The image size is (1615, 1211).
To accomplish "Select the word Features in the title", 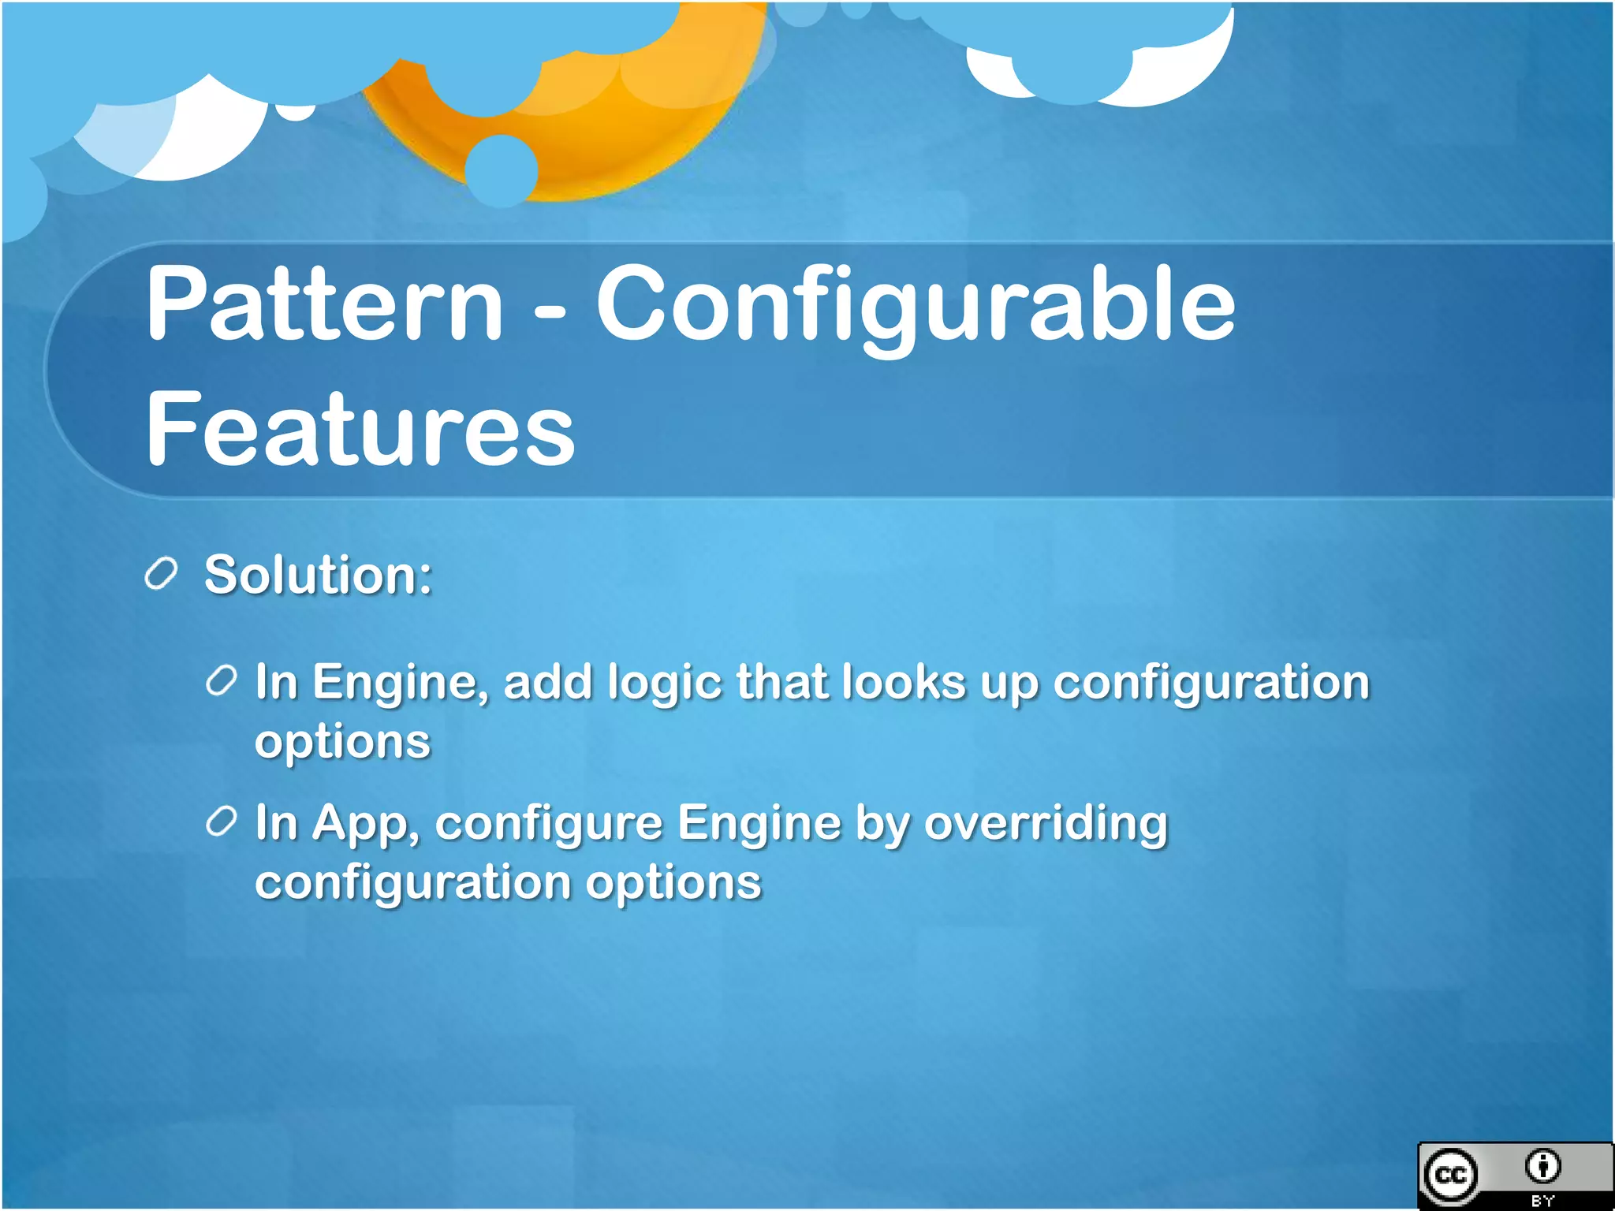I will pos(360,430).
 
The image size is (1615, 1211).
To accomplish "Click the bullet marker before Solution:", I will pos(161,573).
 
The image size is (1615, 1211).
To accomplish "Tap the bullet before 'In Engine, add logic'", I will pos(222,680).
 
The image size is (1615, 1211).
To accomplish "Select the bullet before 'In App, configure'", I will pos(222,822).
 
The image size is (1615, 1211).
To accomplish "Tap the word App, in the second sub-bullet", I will pos(366,825).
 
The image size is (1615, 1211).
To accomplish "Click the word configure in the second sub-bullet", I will pos(548,825).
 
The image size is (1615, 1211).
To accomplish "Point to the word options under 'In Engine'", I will pos(342,743).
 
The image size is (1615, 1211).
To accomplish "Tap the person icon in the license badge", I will pos(1542,1166).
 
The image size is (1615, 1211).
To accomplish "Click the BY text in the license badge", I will pos(1542,1201).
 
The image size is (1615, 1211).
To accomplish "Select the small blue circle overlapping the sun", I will pos(502,170).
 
